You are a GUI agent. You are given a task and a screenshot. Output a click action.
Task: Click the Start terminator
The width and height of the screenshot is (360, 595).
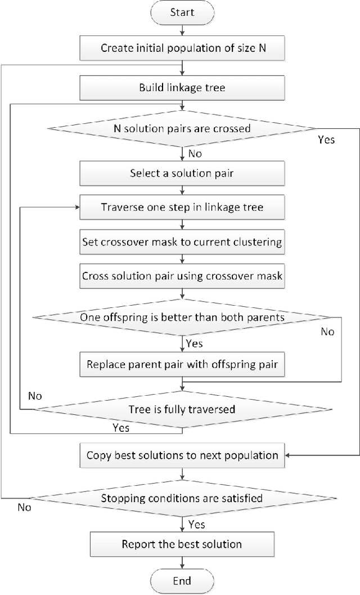(x=182, y=12)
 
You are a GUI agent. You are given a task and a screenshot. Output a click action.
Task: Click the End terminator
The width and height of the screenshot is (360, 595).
(x=182, y=581)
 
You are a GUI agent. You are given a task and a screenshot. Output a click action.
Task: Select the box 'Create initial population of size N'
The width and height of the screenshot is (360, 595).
(x=182, y=48)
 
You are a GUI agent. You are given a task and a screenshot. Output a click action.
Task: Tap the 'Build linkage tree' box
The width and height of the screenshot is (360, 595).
(x=182, y=88)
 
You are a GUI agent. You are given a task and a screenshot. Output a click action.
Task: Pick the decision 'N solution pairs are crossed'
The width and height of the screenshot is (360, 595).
(x=182, y=128)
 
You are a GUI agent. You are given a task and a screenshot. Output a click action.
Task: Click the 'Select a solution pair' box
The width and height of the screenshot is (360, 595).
(x=182, y=173)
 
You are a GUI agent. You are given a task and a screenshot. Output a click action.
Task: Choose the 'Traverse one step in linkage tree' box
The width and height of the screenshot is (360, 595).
(x=182, y=207)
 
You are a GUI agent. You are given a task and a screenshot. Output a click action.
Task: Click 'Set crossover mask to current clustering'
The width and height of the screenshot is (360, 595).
(x=182, y=243)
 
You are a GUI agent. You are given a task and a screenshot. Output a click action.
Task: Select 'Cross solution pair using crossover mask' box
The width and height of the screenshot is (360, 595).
(x=182, y=276)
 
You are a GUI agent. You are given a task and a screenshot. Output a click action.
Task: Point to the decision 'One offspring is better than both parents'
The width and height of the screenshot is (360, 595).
(x=182, y=317)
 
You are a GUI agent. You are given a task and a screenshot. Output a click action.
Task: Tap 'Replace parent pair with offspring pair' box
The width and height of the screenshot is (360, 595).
(x=182, y=364)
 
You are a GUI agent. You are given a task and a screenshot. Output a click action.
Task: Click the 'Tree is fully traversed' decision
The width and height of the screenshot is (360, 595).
(x=182, y=409)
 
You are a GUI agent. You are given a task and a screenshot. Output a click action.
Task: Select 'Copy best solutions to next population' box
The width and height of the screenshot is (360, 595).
(x=182, y=455)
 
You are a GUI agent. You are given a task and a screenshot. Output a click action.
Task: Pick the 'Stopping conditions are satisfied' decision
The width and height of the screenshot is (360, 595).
(x=182, y=498)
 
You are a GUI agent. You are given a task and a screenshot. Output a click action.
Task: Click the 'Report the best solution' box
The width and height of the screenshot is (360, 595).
(x=182, y=544)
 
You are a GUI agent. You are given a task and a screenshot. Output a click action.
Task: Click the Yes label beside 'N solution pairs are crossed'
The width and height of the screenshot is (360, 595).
(x=326, y=140)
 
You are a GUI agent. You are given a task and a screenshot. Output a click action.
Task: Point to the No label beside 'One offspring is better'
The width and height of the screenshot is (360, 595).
(x=327, y=332)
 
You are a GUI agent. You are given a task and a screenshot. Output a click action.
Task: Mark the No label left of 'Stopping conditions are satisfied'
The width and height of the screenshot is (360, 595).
(x=24, y=507)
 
